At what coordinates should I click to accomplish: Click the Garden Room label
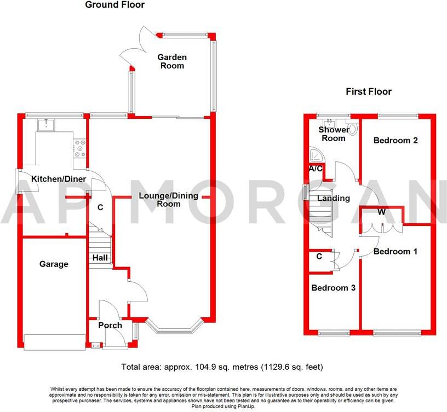pos(172,61)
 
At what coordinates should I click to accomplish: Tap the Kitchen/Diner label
pos(54,179)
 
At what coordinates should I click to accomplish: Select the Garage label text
pos(54,264)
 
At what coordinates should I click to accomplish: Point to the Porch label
pos(110,326)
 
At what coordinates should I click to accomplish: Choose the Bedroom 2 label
pos(396,141)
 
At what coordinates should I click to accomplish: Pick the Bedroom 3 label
pos(333,288)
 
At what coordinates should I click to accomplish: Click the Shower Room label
pos(334,134)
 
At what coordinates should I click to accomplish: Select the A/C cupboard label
pos(315,169)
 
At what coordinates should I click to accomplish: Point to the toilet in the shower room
pos(353,129)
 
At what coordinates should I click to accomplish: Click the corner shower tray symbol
pos(315,154)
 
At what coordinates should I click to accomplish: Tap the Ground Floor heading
pos(115,5)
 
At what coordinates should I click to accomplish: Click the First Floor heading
pos(368,91)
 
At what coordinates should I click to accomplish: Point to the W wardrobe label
pos(381,212)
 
